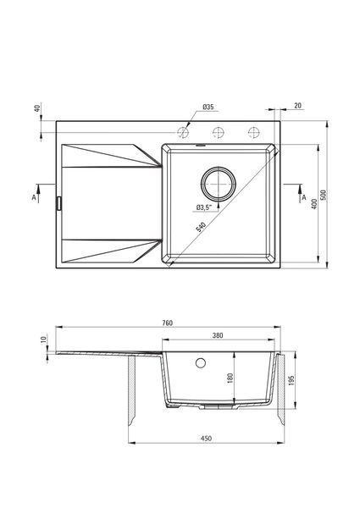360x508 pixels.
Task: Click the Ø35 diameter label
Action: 208,107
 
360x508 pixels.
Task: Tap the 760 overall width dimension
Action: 167,323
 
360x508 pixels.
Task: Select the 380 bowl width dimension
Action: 218,335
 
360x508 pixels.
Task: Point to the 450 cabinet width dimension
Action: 206,439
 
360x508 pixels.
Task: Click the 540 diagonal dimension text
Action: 201,227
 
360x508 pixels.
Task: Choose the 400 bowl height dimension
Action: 313,204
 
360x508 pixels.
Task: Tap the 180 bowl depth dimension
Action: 230,378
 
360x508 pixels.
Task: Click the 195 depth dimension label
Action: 291,381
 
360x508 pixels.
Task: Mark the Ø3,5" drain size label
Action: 204,207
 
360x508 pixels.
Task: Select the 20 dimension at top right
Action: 298,106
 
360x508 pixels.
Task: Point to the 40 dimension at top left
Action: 37,108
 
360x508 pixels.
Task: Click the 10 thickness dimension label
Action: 44,340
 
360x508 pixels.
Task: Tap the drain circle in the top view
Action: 219,168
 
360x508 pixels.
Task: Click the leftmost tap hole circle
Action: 182,127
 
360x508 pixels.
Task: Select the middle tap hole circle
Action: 219,127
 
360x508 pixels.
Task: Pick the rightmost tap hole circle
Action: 254,127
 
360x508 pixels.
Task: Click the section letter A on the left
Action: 34,197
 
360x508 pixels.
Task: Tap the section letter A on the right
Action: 304,197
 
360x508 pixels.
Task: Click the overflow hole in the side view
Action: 201,358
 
